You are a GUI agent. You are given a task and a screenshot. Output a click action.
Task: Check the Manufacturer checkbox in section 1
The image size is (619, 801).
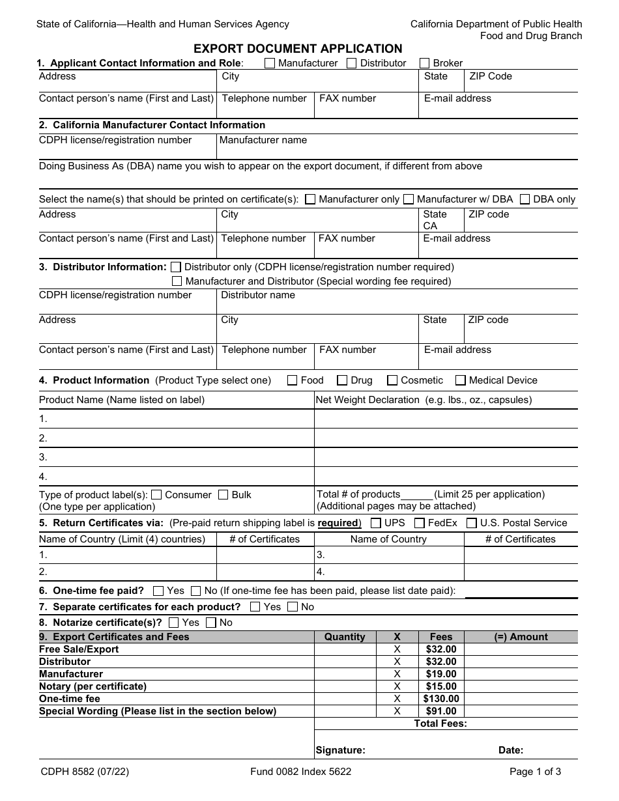click(270, 63)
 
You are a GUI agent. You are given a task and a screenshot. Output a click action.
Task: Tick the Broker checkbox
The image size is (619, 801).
click(425, 63)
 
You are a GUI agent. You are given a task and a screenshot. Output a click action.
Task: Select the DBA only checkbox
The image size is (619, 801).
click(525, 199)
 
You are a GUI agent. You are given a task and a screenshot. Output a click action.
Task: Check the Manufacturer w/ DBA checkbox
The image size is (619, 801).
click(409, 199)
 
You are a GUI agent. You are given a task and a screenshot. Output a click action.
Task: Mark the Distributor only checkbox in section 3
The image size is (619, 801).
click(176, 267)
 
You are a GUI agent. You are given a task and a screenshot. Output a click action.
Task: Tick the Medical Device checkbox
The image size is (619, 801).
click(461, 380)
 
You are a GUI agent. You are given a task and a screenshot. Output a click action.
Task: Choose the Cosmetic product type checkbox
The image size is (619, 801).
click(392, 380)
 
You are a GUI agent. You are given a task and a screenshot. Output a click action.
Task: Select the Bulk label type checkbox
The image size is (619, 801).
click(223, 495)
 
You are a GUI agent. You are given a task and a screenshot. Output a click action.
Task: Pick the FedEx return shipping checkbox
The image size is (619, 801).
click(420, 523)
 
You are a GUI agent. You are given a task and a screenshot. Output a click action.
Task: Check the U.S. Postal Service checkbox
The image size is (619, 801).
click(472, 523)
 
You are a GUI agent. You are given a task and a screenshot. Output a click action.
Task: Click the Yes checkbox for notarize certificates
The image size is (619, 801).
click(173, 623)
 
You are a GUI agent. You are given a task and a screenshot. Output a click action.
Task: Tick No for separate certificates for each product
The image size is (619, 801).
click(293, 607)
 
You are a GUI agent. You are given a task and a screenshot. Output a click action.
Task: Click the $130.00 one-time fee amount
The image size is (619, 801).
click(441, 699)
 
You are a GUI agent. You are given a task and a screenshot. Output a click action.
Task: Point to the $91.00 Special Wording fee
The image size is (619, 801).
click(441, 711)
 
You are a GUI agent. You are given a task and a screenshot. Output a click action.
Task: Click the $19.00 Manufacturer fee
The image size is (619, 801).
click(441, 674)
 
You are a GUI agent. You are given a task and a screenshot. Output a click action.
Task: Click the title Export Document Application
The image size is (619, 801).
click(298, 49)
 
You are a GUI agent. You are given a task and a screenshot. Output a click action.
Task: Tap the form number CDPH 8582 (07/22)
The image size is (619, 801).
click(83, 772)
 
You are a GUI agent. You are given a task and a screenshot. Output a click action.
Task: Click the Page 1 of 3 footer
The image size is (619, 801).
click(535, 772)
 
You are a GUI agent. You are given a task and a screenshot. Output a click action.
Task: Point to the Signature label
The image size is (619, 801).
click(340, 750)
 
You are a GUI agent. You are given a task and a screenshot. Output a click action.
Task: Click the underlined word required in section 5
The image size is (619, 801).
click(338, 523)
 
